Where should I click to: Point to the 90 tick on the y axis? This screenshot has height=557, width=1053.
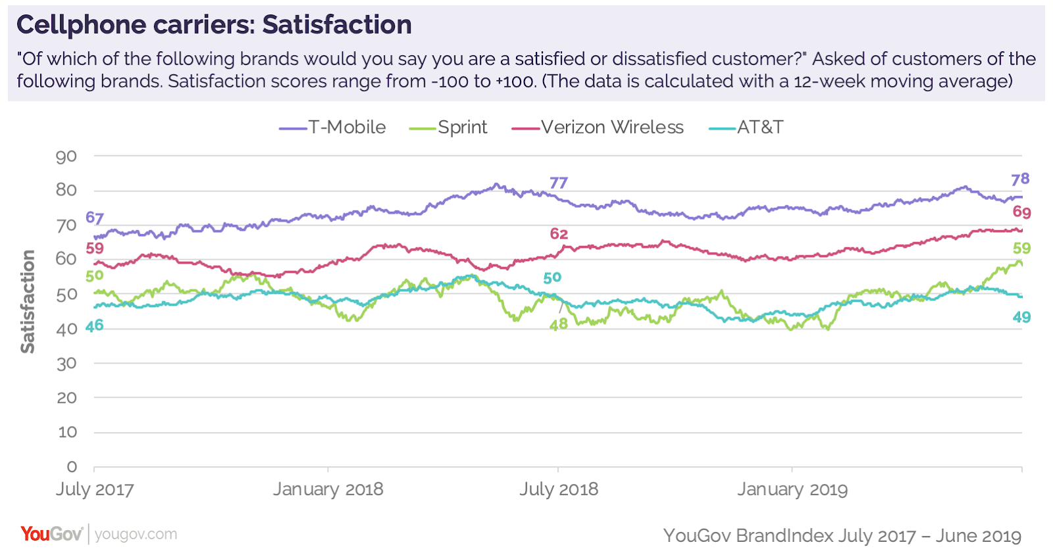point(66,157)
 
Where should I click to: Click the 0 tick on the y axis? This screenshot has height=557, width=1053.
point(72,467)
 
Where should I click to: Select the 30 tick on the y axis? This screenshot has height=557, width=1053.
point(66,364)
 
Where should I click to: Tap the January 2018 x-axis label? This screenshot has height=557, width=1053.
point(328,489)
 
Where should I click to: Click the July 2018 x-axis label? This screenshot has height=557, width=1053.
point(559,489)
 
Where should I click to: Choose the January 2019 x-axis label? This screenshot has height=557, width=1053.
point(792,489)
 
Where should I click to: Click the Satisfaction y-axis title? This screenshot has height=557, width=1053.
point(28,301)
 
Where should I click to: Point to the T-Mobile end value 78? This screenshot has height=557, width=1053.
point(1020,179)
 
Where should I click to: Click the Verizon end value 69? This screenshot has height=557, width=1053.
point(1021,212)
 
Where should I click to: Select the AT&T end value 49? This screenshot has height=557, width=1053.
point(1021,318)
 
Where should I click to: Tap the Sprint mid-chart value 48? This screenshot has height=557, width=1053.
point(558,324)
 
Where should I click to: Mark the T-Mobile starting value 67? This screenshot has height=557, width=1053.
point(95,218)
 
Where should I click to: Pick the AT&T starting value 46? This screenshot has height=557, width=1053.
point(95,326)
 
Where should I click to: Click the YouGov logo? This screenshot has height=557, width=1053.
point(51,533)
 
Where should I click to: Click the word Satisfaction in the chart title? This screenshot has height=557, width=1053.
point(337,25)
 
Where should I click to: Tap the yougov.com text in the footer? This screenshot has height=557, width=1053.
point(136,534)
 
